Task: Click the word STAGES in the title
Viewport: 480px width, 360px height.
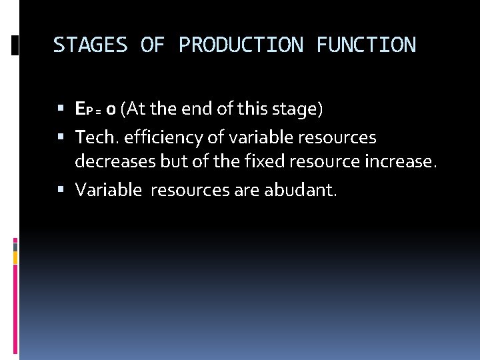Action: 90,45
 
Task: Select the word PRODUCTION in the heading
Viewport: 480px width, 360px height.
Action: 241,45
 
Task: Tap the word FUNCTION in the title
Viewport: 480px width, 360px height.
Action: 366,45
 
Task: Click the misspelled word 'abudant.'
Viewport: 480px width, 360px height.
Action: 301,191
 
